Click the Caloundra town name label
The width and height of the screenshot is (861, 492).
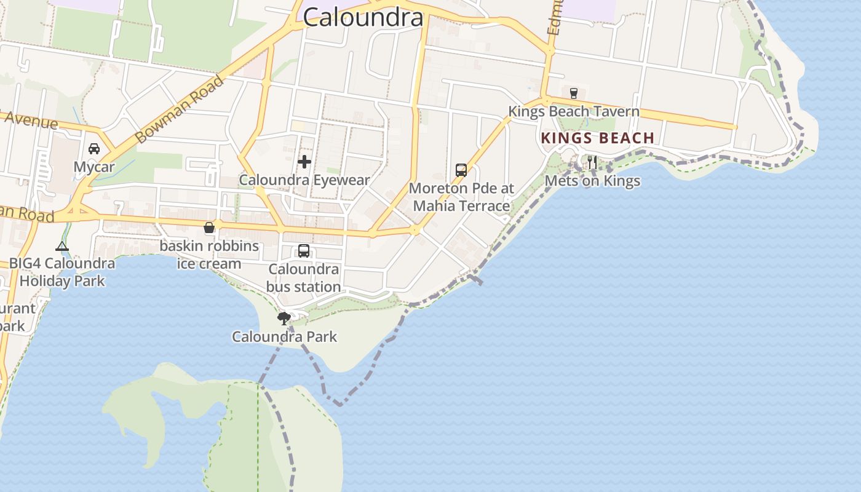pyautogui.click(x=363, y=17)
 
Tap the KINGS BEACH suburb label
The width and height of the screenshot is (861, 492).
pyautogui.click(x=597, y=138)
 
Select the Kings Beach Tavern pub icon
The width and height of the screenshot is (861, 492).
pyautogui.click(x=574, y=93)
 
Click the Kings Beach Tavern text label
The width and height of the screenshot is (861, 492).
pyautogui.click(x=574, y=112)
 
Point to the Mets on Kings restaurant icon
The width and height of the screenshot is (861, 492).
pyautogui.click(x=592, y=162)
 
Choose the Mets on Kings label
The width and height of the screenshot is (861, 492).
pyautogui.click(x=592, y=181)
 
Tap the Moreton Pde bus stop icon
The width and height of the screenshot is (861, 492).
pyautogui.click(x=461, y=170)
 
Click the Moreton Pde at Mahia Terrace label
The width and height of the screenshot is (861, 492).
pyautogui.click(x=461, y=197)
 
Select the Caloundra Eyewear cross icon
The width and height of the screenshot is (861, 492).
pyautogui.click(x=304, y=162)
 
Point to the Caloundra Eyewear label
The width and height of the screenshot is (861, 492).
pyautogui.click(x=304, y=180)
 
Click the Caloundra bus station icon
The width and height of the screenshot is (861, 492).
pyautogui.click(x=304, y=251)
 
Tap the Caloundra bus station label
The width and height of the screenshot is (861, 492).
pyautogui.click(x=304, y=278)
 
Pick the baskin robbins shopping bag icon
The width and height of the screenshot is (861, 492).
pyautogui.click(x=209, y=228)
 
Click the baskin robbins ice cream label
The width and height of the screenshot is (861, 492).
pyautogui.click(x=209, y=255)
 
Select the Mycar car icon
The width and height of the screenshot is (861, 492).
pyautogui.click(x=94, y=149)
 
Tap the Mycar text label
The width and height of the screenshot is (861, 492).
pyautogui.click(x=94, y=167)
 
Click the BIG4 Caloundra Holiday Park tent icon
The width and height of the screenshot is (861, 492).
pyautogui.click(x=61, y=247)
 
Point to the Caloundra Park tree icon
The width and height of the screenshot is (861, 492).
pyautogui.click(x=284, y=318)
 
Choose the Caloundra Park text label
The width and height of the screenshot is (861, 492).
pyautogui.click(x=284, y=337)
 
